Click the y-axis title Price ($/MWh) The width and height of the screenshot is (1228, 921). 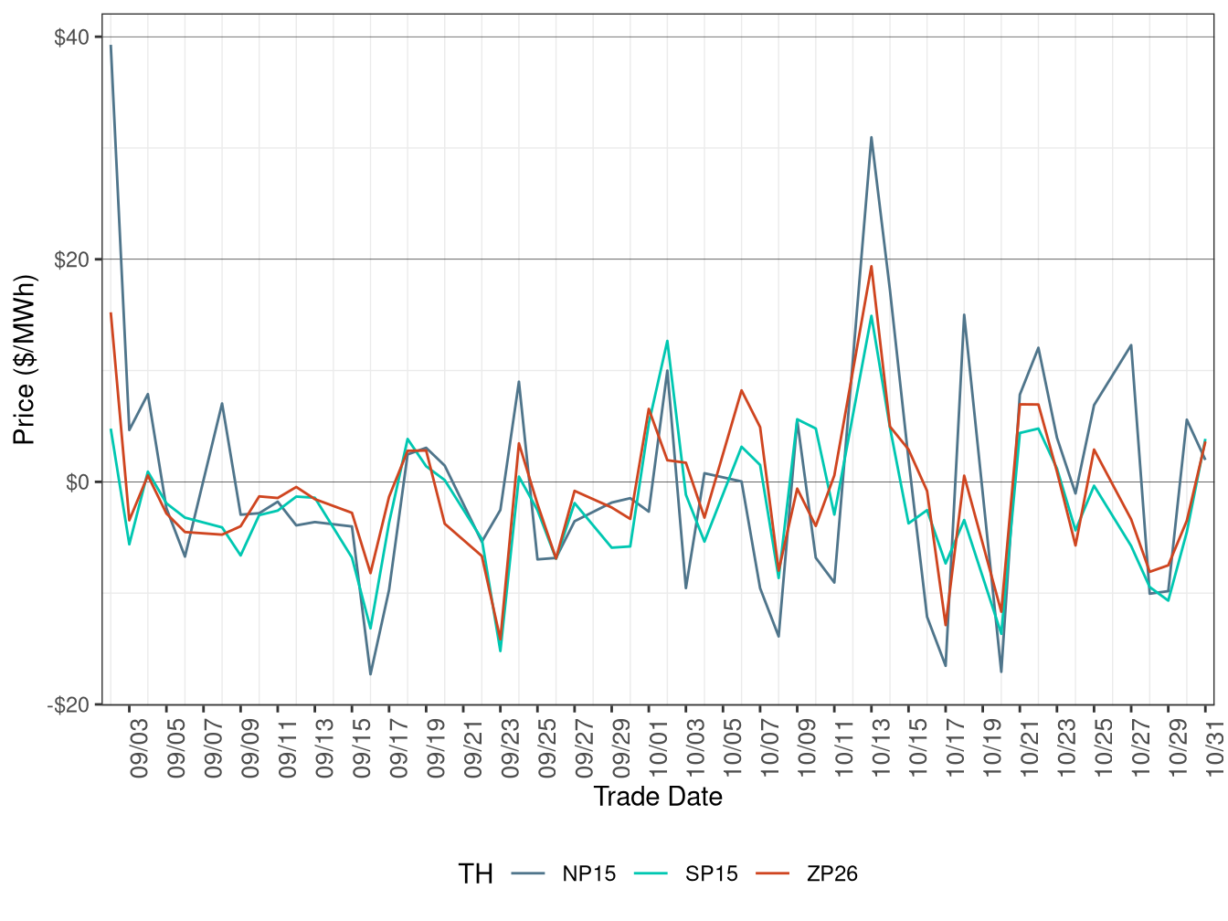(x=25, y=360)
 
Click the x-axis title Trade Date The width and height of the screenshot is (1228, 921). (x=658, y=797)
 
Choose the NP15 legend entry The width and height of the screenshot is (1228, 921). (x=588, y=873)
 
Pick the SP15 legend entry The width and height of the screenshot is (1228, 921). (x=711, y=873)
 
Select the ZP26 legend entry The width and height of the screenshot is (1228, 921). (x=831, y=873)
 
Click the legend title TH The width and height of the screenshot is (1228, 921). (x=475, y=874)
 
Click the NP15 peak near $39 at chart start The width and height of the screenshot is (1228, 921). (x=111, y=46)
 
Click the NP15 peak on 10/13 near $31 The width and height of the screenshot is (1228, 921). (x=872, y=138)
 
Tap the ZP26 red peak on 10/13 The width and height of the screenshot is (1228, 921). (x=872, y=267)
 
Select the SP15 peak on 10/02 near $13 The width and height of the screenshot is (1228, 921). (x=667, y=341)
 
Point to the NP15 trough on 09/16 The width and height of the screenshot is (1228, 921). (x=370, y=674)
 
